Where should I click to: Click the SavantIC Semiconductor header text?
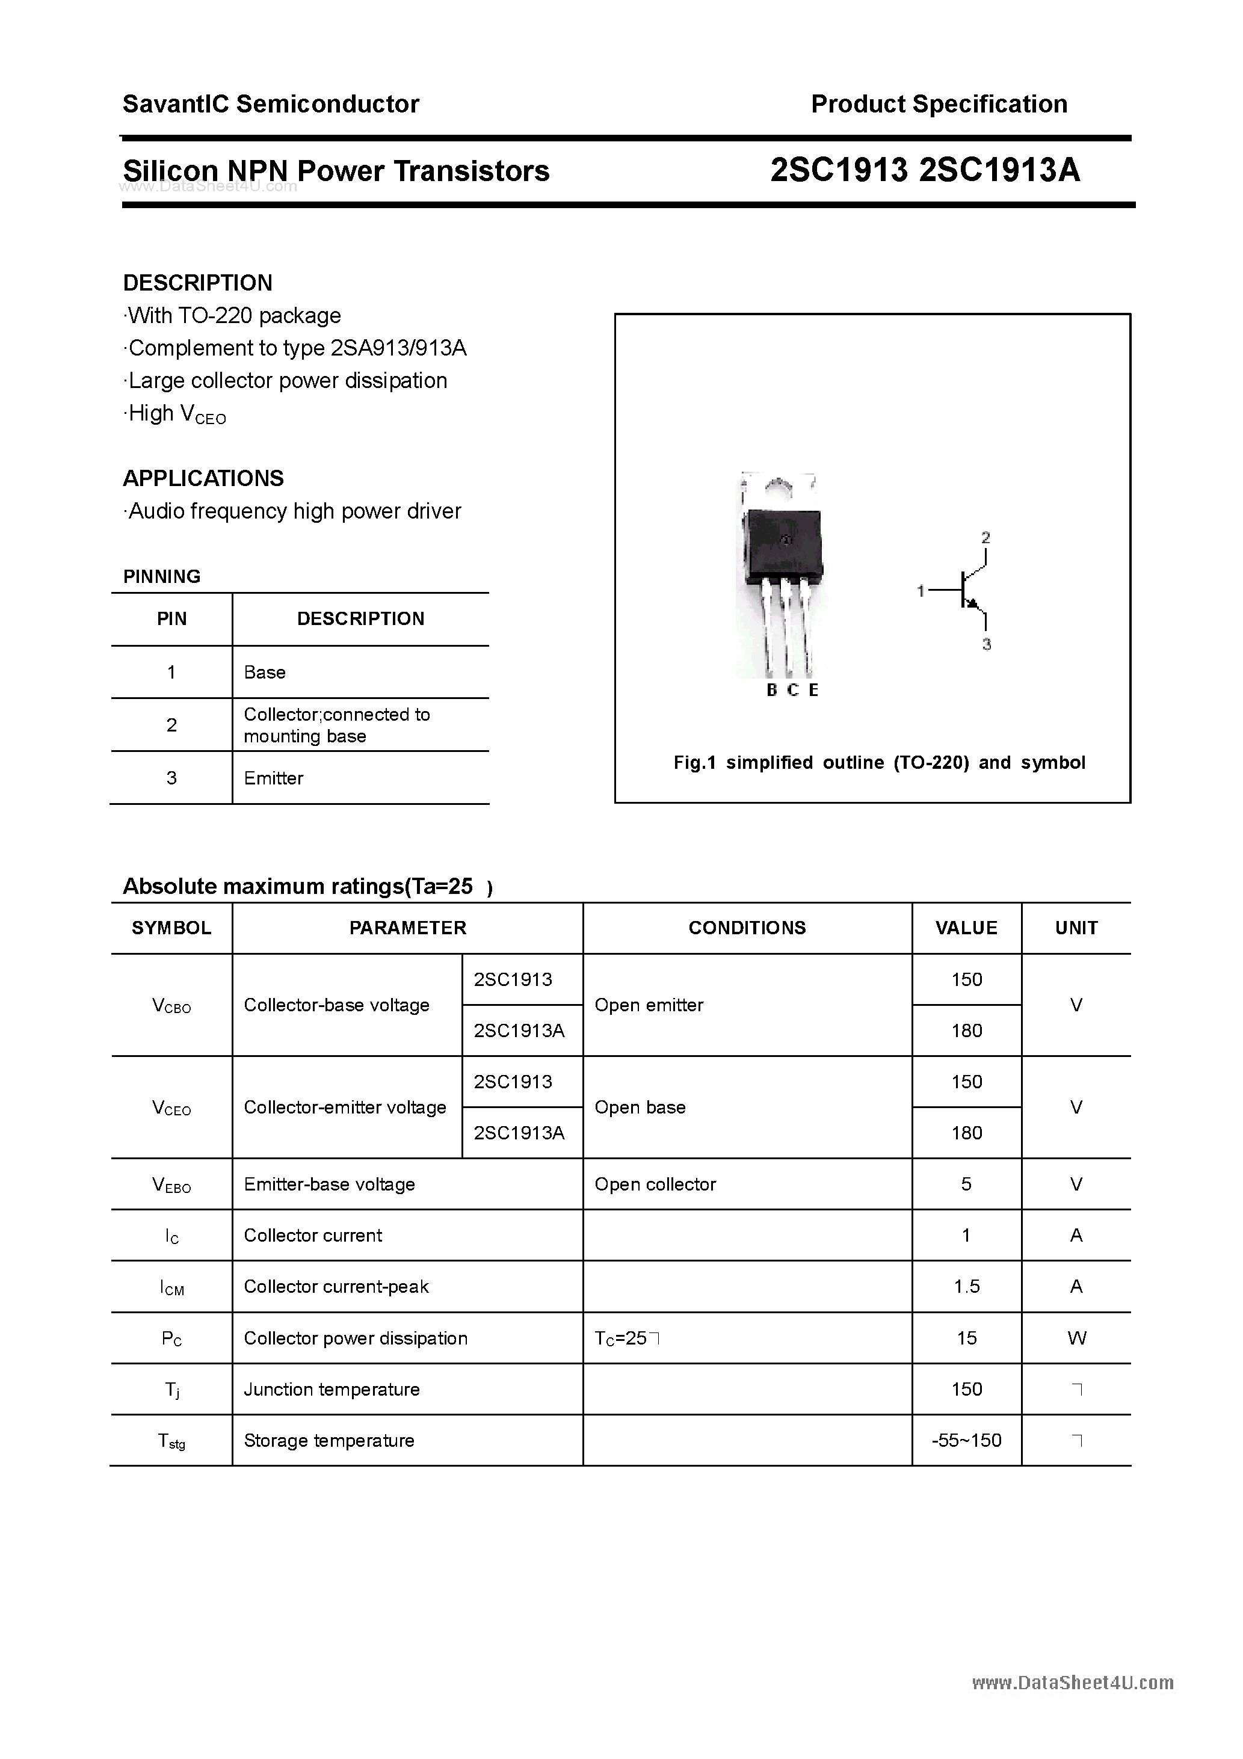[x=271, y=104]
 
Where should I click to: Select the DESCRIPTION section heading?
[x=198, y=283]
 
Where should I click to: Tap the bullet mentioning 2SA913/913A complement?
[x=297, y=348]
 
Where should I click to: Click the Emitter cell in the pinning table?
[x=274, y=778]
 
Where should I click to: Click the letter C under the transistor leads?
[x=793, y=690]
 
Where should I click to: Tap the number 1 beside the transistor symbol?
[x=921, y=591]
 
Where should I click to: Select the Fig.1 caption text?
[x=879, y=763]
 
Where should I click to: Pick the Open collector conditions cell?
[x=655, y=1184]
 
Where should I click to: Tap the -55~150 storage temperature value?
[x=966, y=1440]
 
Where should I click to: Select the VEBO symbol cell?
[x=171, y=1185]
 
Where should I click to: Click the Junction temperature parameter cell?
[x=332, y=1389]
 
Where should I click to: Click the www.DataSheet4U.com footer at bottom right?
[x=1072, y=1683]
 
